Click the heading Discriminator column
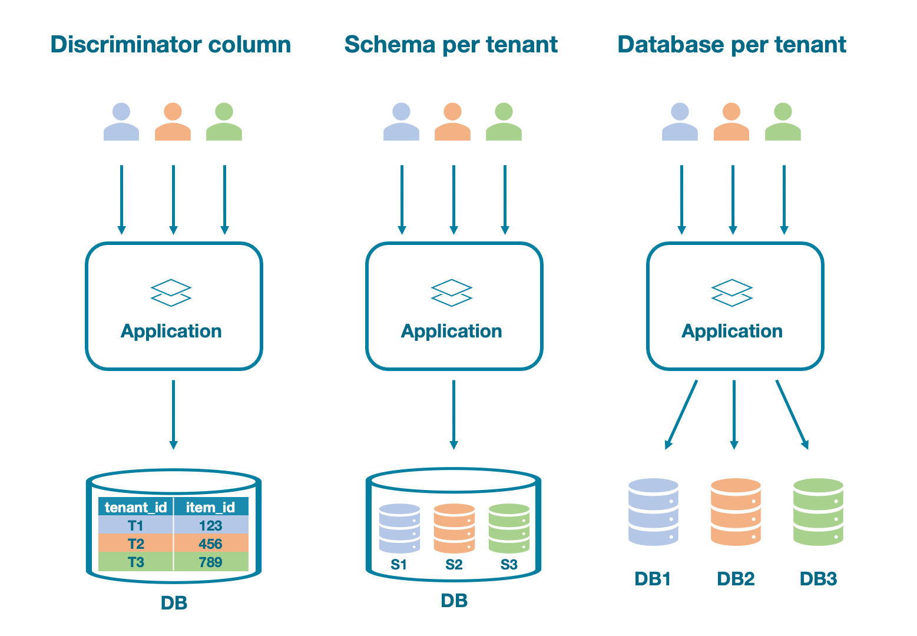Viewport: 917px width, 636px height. (x=170, y=45)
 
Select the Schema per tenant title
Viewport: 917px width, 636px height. (x=451, y=45)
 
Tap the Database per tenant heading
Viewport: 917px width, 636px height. (x=731, y=45)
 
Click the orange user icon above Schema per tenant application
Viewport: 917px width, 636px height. (x=452, y=122)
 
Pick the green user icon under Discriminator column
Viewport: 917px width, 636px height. (x=224, y=122)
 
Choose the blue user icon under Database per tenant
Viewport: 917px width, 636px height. (x=680, y=122)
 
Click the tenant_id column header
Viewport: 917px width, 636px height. (x=135, y=507)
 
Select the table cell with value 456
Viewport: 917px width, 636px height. (x=210, y=544)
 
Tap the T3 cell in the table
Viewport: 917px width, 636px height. (x=135, y=562)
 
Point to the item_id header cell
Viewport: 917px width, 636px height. (x=210, y=507)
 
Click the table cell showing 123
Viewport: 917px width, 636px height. (x=210, y=525)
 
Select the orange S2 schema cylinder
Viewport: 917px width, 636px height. (x=454, y=528)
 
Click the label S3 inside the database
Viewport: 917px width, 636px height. (x=509, y=565)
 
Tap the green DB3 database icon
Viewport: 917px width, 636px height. (x=818, y=512)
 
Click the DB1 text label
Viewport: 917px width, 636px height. (x=653, y=579)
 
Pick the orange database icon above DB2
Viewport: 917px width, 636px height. (x=736, y=512)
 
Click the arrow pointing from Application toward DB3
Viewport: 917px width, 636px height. (x=792, y=415)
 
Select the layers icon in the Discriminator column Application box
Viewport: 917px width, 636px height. (x=171, y=293)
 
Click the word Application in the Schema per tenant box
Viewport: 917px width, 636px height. (x=451, y=331)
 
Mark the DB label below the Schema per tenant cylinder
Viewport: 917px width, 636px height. (x=454, y=601)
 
